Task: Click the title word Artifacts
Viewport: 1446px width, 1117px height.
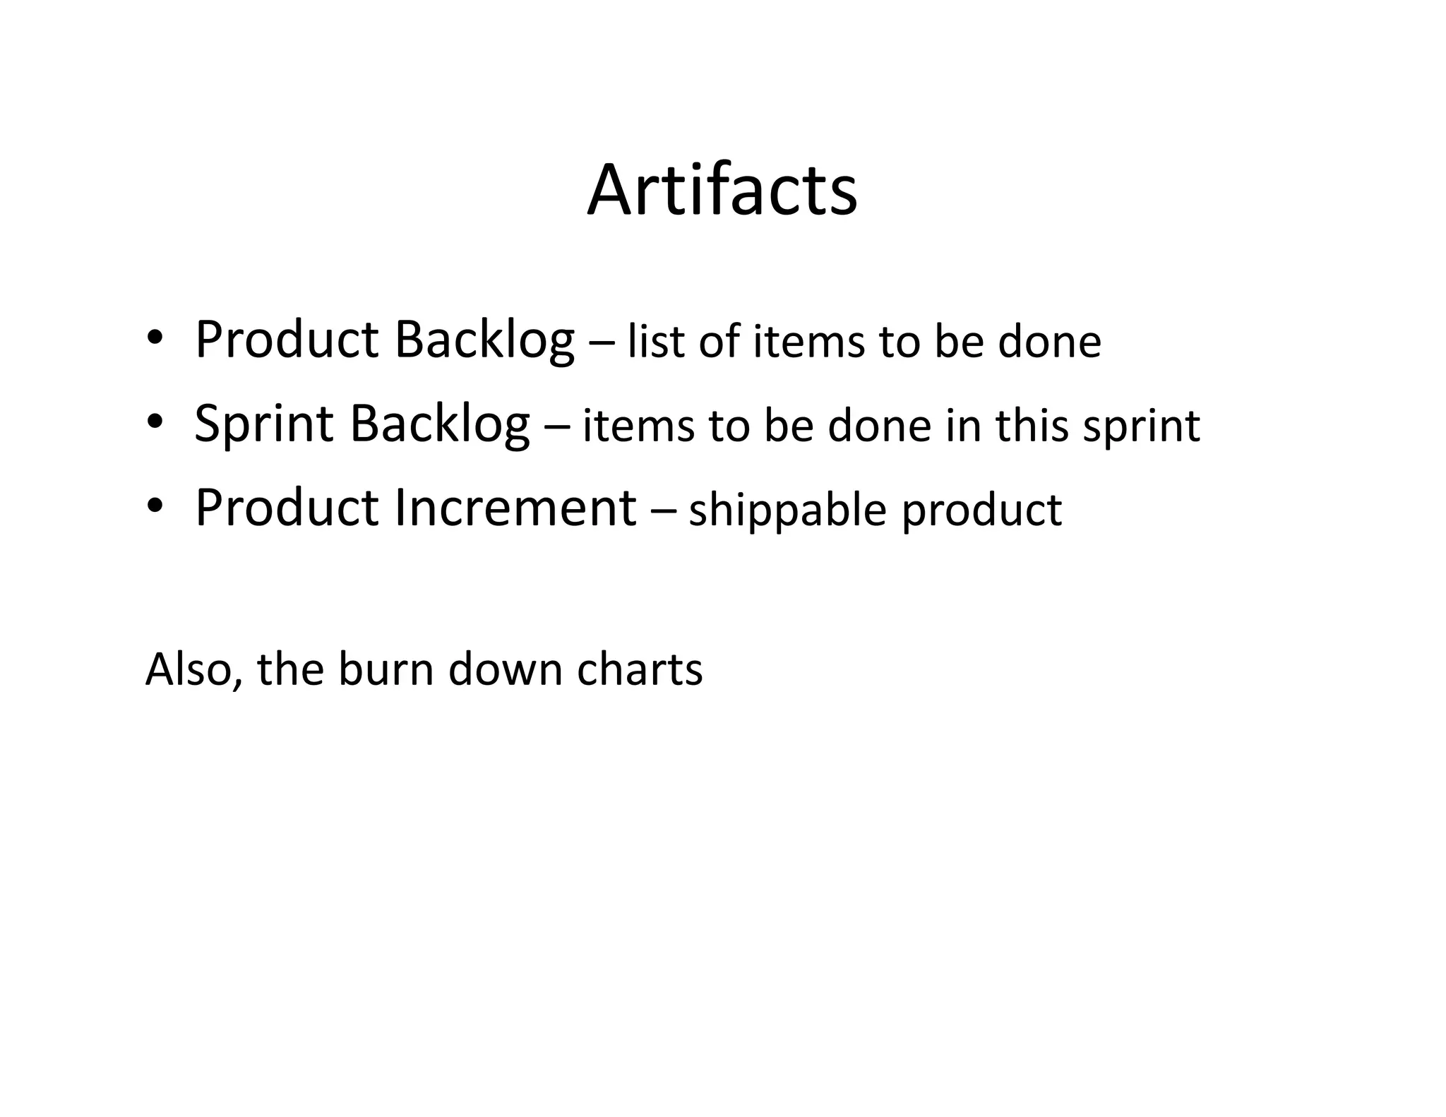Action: point(722,191)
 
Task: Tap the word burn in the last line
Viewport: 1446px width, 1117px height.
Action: point(386,669)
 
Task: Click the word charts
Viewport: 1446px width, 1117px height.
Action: point(640,669)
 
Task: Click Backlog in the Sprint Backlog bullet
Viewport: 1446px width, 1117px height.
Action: point(439,424)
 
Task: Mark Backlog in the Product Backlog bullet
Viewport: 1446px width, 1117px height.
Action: point(484,340)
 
